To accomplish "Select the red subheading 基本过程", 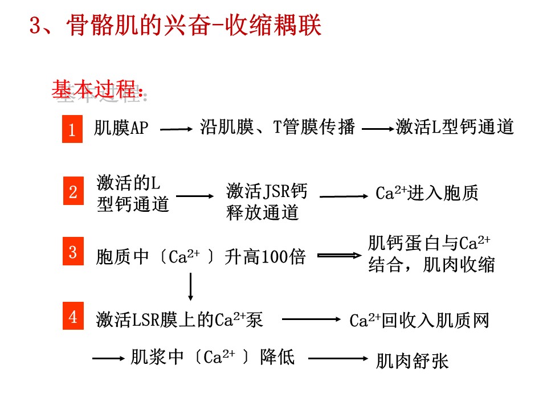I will pos(97,89).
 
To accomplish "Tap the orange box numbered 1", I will pos(72,129).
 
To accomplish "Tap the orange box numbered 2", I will pos(72,191).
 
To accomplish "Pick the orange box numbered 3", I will pos(72,252).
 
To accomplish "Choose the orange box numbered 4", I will pos(72,317).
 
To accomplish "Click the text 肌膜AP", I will pos(121,128).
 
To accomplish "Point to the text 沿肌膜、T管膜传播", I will pos(277,127).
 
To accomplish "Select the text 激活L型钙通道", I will pos(455,126).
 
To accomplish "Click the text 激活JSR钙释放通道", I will pos(266,202).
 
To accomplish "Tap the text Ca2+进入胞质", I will pos(427,194).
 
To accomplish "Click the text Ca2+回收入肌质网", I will pos(419,321).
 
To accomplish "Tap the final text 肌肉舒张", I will pos(412,361).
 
